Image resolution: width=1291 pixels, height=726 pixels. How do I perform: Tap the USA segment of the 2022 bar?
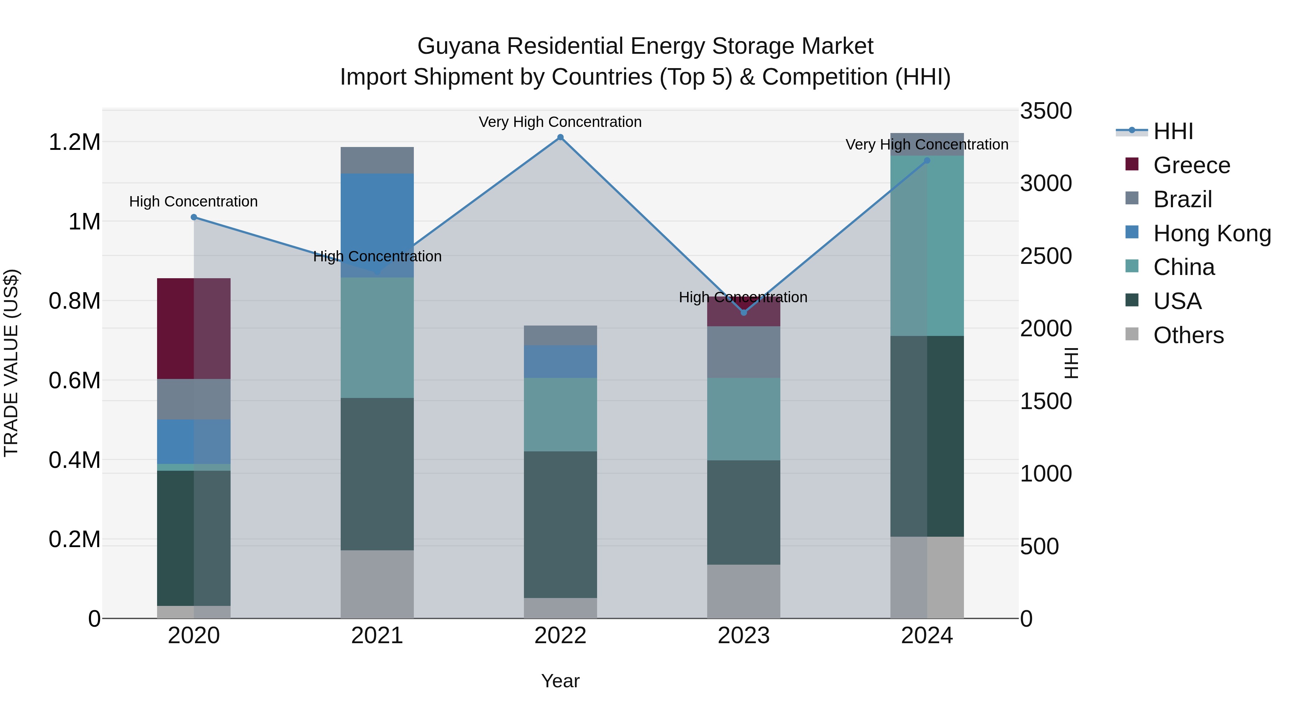(560, 524)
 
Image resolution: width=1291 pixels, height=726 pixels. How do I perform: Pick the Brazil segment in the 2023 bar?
(743, 352)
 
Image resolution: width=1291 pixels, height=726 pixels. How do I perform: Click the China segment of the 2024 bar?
(927, 246)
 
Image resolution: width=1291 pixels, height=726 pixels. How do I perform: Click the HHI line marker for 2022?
(560, 137)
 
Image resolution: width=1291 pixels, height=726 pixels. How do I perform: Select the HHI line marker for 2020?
(194, 217)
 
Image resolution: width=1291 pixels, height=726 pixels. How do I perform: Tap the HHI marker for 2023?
(744, 313)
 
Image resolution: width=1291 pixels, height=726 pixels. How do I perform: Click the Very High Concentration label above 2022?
(560, 122)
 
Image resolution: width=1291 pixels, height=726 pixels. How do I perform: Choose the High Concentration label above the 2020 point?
(193, 201)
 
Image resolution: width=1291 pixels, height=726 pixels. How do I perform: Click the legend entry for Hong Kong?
(1212, 233)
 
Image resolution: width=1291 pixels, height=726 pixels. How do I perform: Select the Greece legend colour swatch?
(1132, 164)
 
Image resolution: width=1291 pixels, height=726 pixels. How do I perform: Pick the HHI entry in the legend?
(1173, 131)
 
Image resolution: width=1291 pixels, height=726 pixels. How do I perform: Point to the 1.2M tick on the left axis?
(74, 142)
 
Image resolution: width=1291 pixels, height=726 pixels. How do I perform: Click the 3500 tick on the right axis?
(1045, 111)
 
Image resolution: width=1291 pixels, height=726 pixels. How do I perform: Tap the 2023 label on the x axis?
(743, 636)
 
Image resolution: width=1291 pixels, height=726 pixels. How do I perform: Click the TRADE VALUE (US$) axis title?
(11, 363)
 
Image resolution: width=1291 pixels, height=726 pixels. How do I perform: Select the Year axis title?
(560, 681)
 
